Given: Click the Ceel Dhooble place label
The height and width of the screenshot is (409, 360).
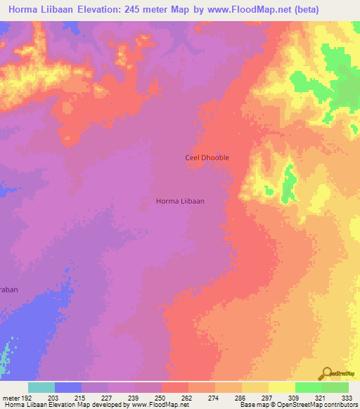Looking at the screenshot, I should [x=207, y=157].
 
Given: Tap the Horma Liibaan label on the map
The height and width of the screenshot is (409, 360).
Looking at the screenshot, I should [x=180, y=201].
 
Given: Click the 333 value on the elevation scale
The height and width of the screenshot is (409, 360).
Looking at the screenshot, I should [x=347, y=397].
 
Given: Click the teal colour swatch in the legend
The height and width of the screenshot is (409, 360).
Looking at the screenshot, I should [x=41, y=387].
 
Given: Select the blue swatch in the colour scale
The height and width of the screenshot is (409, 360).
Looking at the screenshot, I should [x=67, y=387].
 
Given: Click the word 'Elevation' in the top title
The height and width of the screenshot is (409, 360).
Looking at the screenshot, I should [x=87, y=10].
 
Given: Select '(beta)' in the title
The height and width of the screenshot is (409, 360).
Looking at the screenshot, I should [x=285, y=10].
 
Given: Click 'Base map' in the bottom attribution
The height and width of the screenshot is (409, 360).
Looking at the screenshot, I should [x=252, y=405].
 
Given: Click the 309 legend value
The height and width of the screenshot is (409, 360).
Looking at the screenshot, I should [x=307, y=397].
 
